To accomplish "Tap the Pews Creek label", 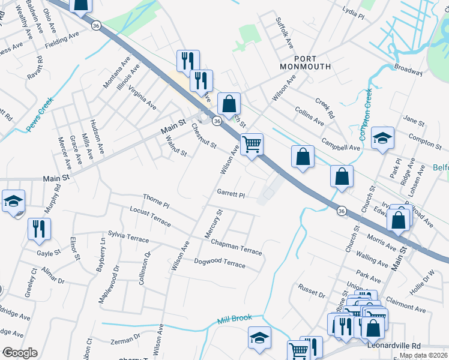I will pyautogui.click(x=41, y=114).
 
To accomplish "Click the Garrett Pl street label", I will pyautogui.click(x=231, y=194).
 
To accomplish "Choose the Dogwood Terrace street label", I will pyautogui.click(x=220, y=263).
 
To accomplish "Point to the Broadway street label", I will pyautogui.click(x=409, y=69).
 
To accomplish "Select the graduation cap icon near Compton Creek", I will pyautogui.click(x=382, y=138).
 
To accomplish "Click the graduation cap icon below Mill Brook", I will pyautogui.click(x=260, y=338).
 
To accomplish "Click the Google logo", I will pyautogui.click(x=20, y=353).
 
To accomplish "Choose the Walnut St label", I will pyautogui.click(x=176, y=145).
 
